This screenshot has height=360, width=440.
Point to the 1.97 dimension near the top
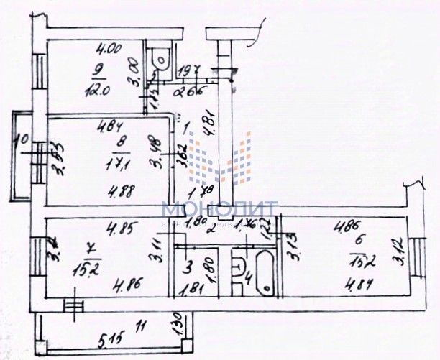188,69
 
